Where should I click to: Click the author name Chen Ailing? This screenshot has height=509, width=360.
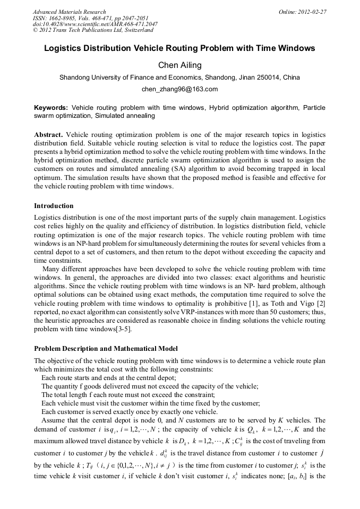(x=179, y=65)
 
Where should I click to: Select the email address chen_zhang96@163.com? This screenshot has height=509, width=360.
(x=179, y=89)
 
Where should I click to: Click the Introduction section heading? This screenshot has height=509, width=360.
(x=54, y=205)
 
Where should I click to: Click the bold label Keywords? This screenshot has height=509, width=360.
(x=50, y=108)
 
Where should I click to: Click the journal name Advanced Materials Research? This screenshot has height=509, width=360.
(x=69, y=12)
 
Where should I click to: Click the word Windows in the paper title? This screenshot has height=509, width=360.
(x=295, y=48)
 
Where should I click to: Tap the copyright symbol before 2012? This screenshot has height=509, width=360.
(x=35, y=31)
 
